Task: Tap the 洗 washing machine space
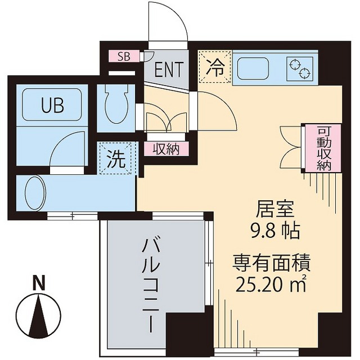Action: pos(116,159)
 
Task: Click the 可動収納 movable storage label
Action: pos(323,147)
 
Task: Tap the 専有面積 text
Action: pos(272,262)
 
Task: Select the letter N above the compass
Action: pos(38,283)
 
